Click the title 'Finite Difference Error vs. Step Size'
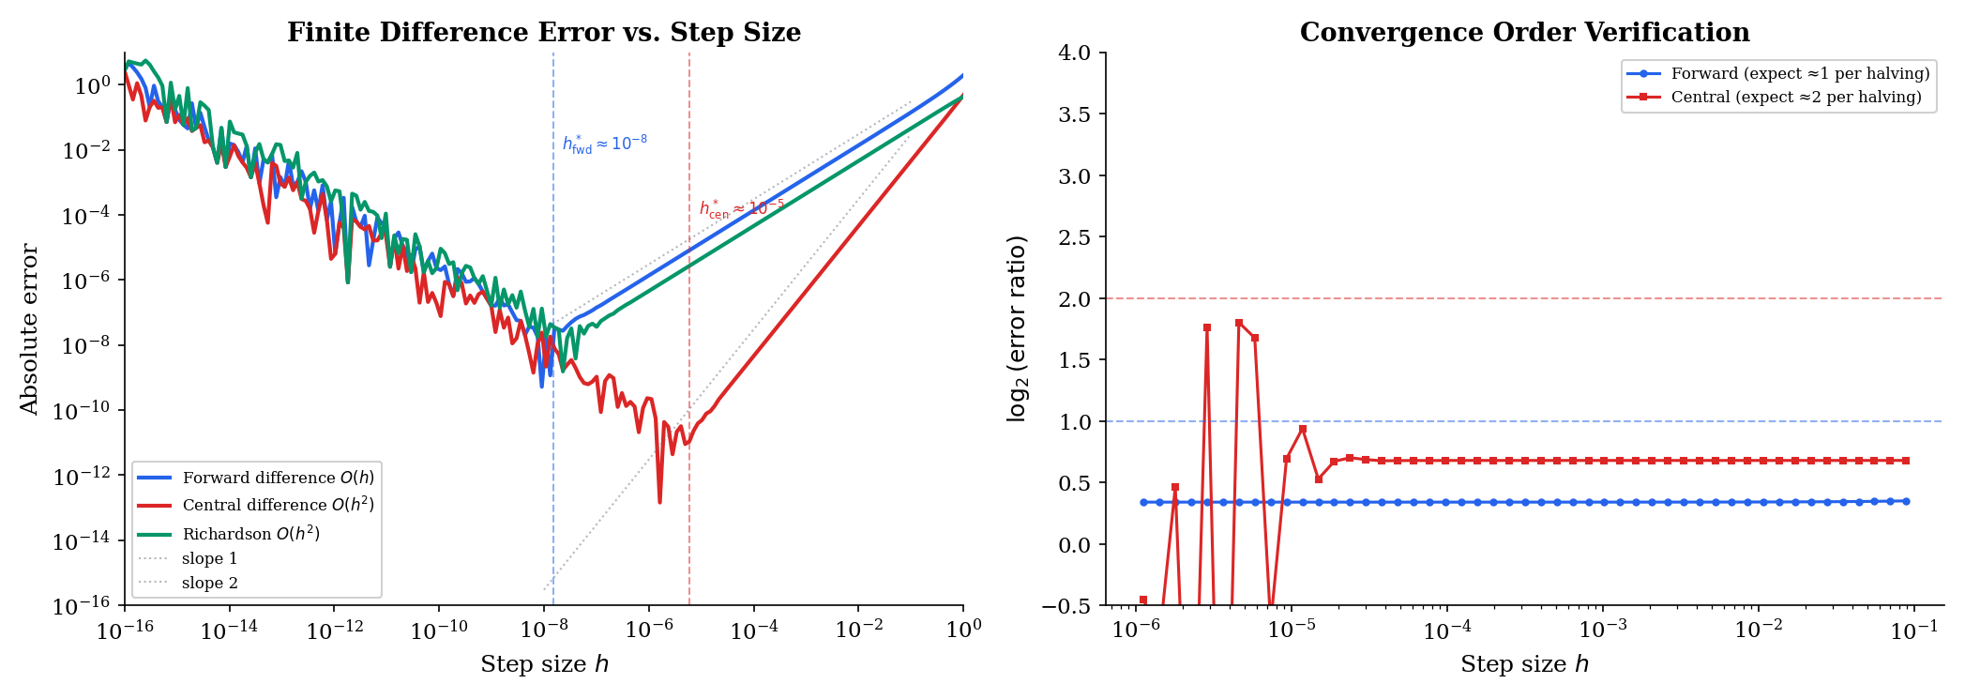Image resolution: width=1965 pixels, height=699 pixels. click(543, 33)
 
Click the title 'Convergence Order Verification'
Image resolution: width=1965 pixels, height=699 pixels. click(1524, 33)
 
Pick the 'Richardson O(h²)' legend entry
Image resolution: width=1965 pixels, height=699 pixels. click(250, 534)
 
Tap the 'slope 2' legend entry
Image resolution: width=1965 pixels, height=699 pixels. click(209, 583)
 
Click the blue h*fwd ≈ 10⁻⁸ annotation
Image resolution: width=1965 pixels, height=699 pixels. click(604, 144)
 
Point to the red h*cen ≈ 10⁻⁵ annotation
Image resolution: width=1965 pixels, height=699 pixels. click(741, 208)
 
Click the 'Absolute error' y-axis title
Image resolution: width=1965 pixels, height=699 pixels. click(29, 329)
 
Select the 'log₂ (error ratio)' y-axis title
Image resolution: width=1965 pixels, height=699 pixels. click(1017, 329)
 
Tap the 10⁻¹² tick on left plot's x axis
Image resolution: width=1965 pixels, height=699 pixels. click(334, 631)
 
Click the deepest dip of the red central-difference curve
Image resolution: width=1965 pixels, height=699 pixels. click(659, 502)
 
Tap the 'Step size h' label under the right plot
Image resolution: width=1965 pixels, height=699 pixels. click(1524, 664)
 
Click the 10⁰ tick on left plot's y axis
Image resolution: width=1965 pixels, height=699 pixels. click(92, 86)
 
